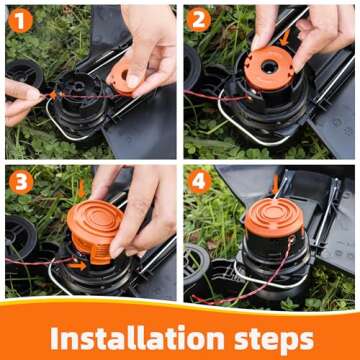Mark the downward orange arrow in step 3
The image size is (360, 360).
coord(81,188)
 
